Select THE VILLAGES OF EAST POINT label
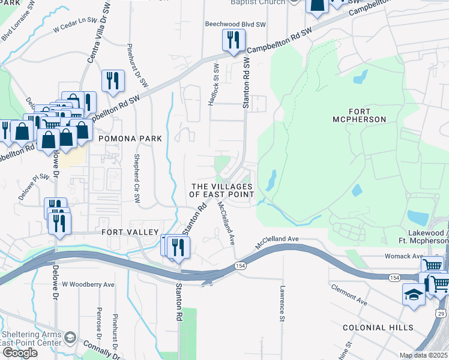click(221, 191)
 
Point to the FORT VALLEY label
click(130, 232)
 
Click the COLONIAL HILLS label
click(378, 328)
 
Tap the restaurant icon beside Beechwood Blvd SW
click(231, 40)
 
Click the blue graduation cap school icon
click(413, 295)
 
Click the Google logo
click(20, 352)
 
